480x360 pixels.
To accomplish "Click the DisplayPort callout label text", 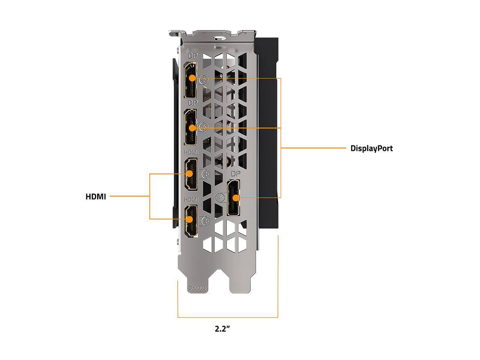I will pyautogui.click(x=371, y=148).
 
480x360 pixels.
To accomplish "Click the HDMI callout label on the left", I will pyautogui.click(x=96, y=196).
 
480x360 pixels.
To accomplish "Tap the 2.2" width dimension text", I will pyautogui.click(x=222, y=329).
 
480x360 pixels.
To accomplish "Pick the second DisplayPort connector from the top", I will pyautogui.click(x=192, y=128).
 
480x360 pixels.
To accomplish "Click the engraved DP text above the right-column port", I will pyautogui.click(x=235, y=174).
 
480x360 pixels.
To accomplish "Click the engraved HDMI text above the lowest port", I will pyautogui.click(x=192, y=199).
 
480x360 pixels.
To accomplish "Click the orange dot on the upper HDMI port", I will pyautogui.click(x=190, y=174).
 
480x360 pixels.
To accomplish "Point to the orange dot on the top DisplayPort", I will pyautogui.click(x=192, y=78).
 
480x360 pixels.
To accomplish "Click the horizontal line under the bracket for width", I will pyautogui.click(x=228, y=318).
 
